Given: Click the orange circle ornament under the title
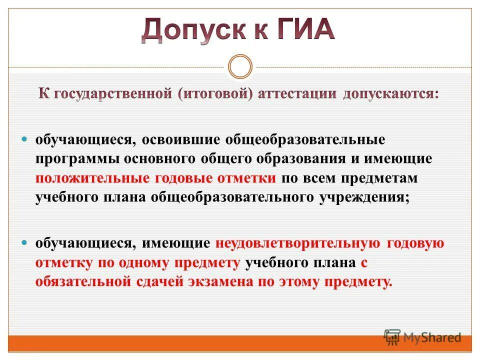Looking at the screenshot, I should pos(240,66).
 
